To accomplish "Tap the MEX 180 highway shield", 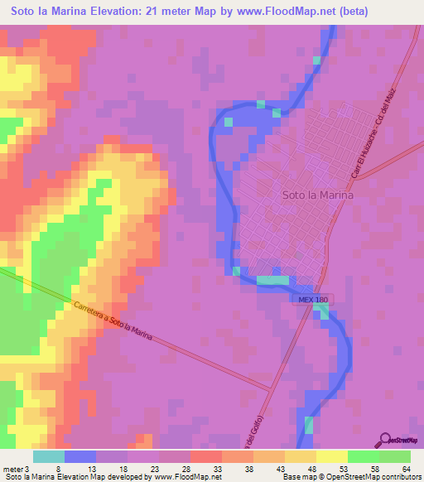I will pos(313,299).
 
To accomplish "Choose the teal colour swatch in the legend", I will pos(48,456).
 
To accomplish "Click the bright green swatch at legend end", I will pos(395,456).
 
